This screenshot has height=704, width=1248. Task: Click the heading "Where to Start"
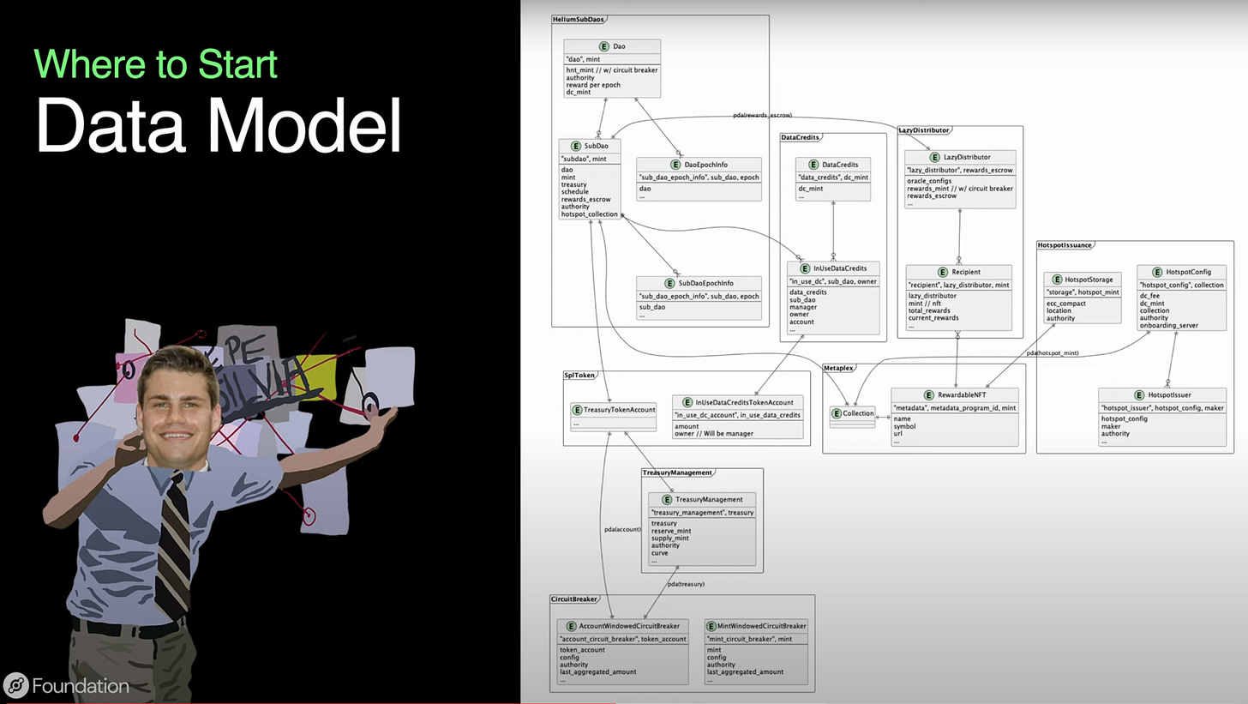(x=155, y=64)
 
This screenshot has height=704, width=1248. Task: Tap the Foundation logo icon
(x=15, y=685)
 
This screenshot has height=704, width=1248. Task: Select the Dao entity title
(x=619, y=46)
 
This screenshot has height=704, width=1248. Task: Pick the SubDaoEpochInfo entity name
(x=706, y=283)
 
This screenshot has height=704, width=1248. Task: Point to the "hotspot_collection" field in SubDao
(x=590, y=214)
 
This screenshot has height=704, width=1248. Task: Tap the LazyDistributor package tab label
(x=923, y=130)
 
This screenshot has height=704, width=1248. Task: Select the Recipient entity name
(x=965, y=272)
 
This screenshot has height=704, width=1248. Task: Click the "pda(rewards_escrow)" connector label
(x=762, y=114)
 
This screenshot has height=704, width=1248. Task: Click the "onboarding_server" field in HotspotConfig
(x=1168, y=326)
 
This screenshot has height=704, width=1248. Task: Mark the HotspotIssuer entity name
(x=1169, y=395)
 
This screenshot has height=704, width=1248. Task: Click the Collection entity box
(x=853, y=414)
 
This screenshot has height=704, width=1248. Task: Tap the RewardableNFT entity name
(x=961, y=395)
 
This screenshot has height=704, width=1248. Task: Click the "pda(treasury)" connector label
(x=686, y=584)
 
